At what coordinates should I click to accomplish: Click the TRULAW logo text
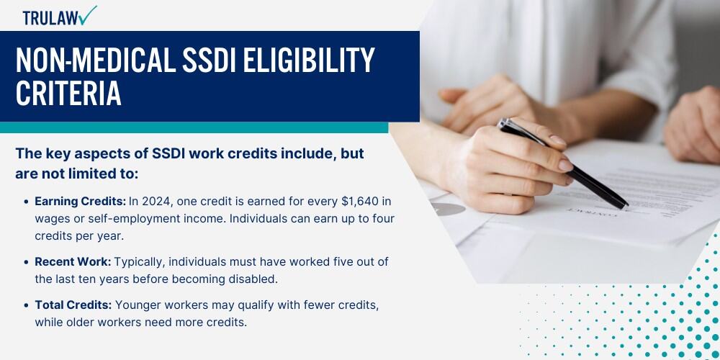50,18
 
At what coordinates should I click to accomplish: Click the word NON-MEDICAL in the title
96,60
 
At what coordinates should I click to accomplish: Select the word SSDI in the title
209,60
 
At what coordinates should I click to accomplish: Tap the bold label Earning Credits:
81,202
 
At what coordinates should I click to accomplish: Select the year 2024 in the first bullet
156,202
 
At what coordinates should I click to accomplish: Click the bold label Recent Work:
73,262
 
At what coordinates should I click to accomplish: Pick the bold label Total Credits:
73,305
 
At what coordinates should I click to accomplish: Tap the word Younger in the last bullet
136,305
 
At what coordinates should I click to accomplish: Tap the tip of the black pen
626,206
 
